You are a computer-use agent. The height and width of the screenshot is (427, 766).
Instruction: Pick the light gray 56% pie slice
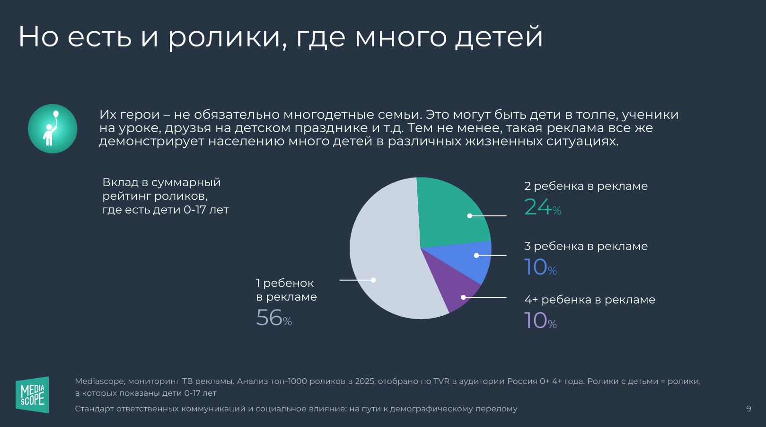point(383,246)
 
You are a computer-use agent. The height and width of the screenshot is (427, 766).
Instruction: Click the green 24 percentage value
point(538,207)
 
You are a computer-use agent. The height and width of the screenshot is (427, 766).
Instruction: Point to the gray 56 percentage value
point(269,318)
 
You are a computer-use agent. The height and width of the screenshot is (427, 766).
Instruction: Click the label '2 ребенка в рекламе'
point(586,186)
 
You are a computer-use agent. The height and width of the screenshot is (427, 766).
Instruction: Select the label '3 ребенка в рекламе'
point(586,246)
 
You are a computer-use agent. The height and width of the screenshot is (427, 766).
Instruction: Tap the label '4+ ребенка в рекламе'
point(590,300)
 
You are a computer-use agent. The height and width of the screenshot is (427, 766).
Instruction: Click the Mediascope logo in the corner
point(32,395)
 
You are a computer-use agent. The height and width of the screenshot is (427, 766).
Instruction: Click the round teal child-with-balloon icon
point(53,129)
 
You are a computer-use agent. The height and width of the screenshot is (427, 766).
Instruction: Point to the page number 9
point(748,409)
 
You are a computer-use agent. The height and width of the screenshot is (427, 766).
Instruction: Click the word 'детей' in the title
point(499,36)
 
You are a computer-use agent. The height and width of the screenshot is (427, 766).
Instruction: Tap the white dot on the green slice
point(470,216)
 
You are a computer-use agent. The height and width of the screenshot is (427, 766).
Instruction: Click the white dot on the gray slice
point(373,280)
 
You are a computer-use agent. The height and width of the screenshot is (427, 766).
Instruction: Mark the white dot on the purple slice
point(463,297)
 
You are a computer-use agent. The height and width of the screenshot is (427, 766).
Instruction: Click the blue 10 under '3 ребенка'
point(536,267)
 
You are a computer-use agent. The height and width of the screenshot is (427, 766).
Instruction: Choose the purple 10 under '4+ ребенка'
point(536,320)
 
